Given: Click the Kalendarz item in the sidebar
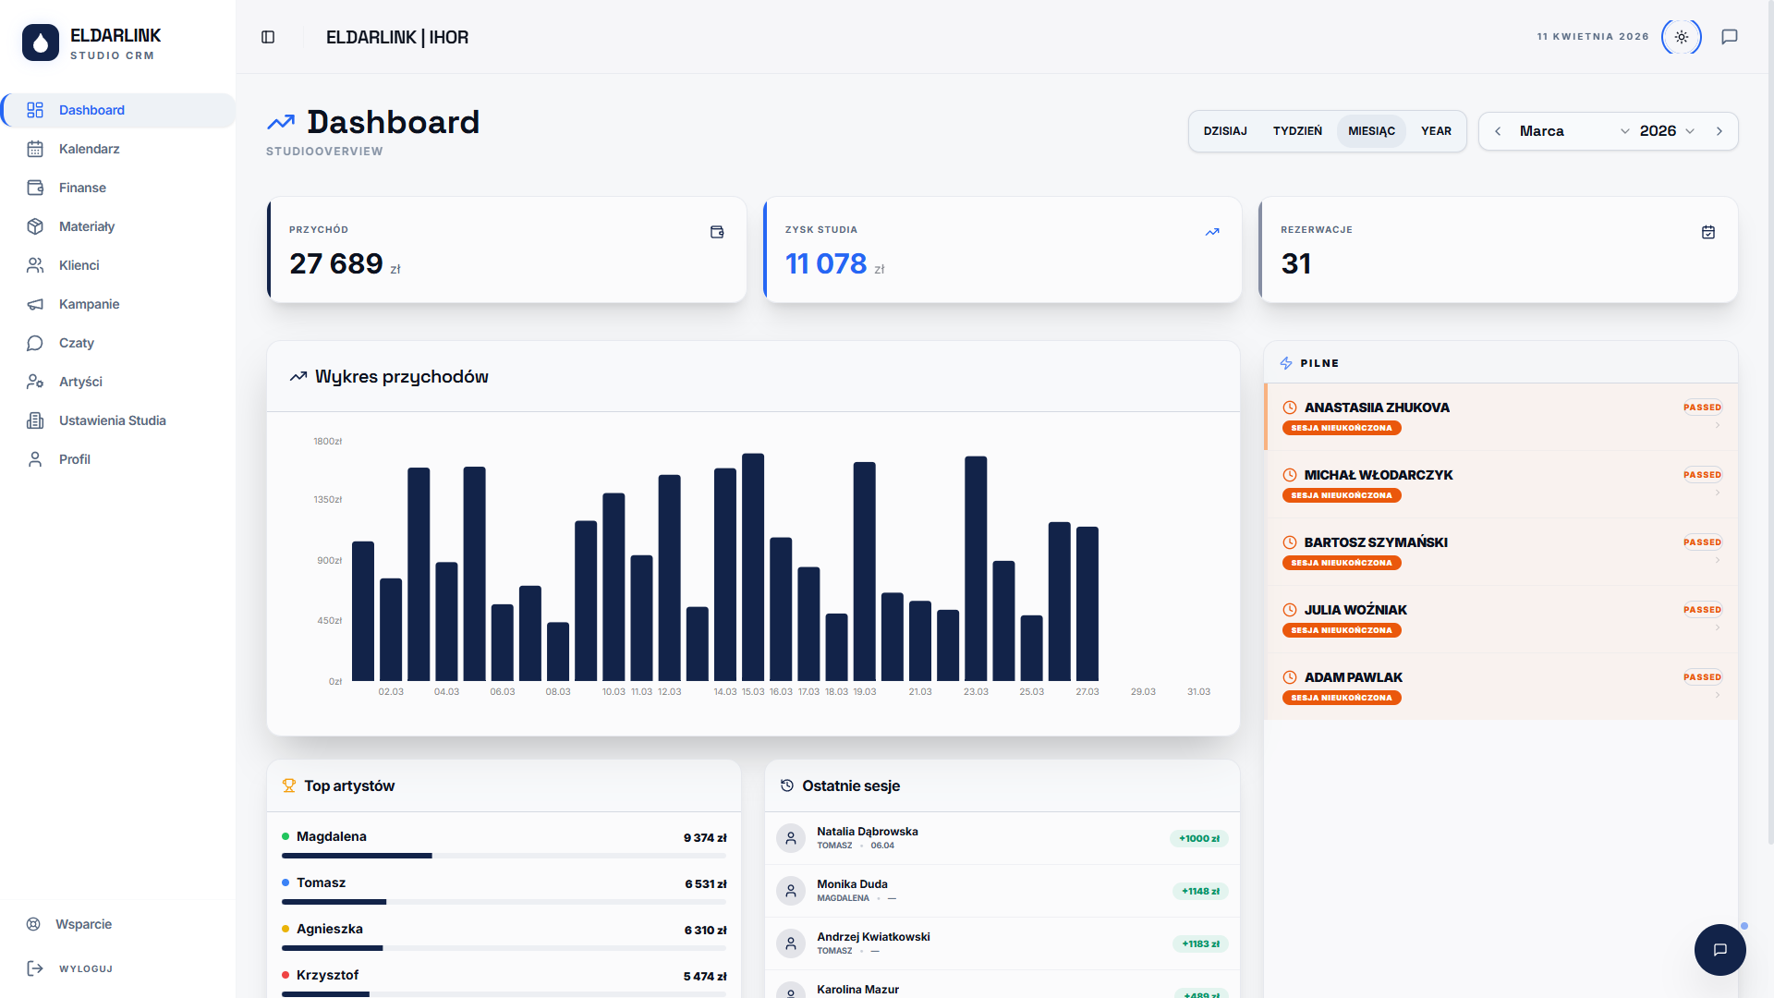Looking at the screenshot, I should click(x=89, y=149).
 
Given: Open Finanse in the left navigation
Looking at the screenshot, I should click(x=82, y=188).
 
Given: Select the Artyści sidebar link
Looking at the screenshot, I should click(x=80, y=382).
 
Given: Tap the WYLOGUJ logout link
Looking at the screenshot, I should click(x=85, y=968).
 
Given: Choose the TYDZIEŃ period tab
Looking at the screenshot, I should click(x=1297, y=131).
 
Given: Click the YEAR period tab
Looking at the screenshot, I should click(x=1436, y=131).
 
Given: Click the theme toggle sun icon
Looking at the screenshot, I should click(x=1681, y=37).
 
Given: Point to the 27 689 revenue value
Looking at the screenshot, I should click(x=336, y=264).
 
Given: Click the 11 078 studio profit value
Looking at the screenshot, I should click(x=826, y=264).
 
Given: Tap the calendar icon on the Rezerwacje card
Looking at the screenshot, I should click(x=1707, y=232).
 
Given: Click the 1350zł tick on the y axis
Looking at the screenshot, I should click(x=328, y=500).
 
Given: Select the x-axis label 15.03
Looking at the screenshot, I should click(x=753, y=692).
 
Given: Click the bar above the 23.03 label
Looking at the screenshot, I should click(x=976, y=568).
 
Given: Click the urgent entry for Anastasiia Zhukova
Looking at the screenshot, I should click(x=1376, y=408).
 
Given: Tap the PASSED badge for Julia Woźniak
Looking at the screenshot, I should click(x=1702, y=610).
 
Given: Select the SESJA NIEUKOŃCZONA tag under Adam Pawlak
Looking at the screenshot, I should click(x=1342, y=698).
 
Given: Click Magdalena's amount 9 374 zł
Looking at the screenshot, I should click(x=705, y=838).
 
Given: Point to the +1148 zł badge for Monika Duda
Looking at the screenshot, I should click(x=1200, y=892).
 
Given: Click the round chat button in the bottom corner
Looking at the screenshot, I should click(x=1719, y=950).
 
